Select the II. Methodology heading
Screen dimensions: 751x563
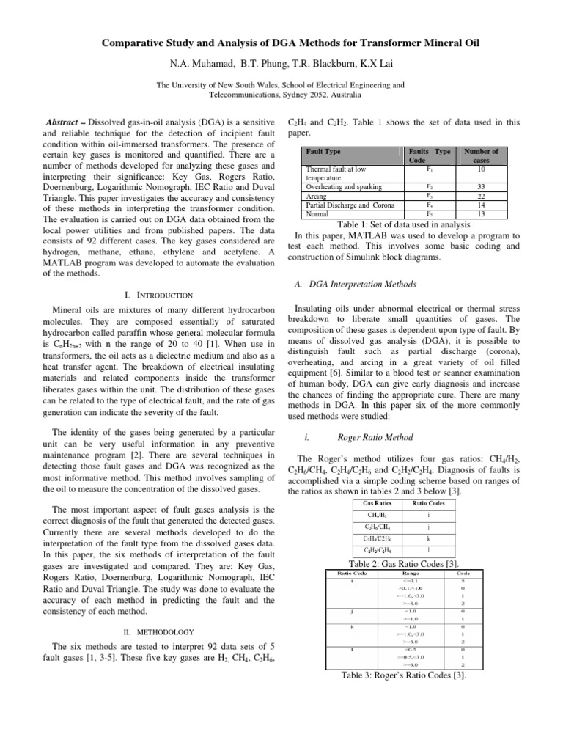pos(158,631)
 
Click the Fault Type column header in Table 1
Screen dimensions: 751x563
pos(324,152)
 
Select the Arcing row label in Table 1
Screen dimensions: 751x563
pos(316,197)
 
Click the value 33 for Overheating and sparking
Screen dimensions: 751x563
pos(480,188)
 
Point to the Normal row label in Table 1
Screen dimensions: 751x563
pos(317,214)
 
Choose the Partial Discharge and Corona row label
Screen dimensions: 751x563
pos(346,206)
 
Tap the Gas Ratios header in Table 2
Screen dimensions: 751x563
pos(378,503)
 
